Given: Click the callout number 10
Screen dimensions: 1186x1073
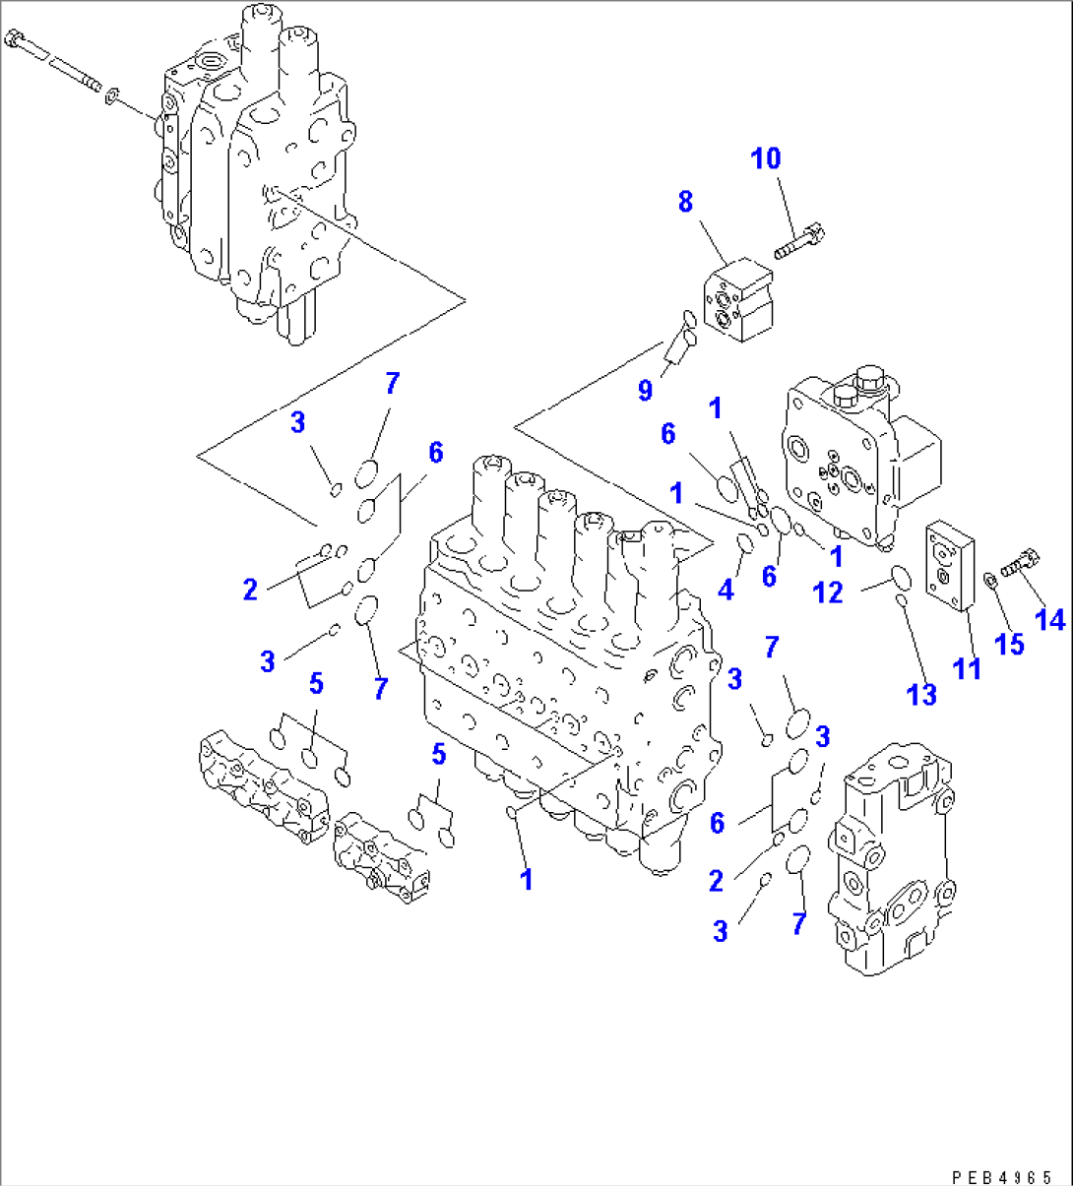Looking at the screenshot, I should [x=766, y=158].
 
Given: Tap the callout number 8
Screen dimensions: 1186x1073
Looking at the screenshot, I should [x=685, y=202].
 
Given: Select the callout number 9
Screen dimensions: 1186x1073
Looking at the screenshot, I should [x=645, y=391].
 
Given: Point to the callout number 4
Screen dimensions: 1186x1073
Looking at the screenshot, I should [x=726, y=590].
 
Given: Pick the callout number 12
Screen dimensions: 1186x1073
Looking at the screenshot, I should [x=828, y=593].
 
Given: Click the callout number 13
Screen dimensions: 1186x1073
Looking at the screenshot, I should [x=921, y=695].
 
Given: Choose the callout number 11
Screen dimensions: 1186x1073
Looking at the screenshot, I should [x=968, y=669].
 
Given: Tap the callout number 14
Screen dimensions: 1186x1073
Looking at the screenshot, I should [x=1050, y=619].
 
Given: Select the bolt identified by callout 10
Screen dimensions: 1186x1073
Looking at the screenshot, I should [x=798, y=242].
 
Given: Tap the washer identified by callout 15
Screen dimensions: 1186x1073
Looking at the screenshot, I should [x=990, y=579].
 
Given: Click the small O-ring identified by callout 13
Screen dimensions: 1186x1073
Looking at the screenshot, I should [x=900, y=600].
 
